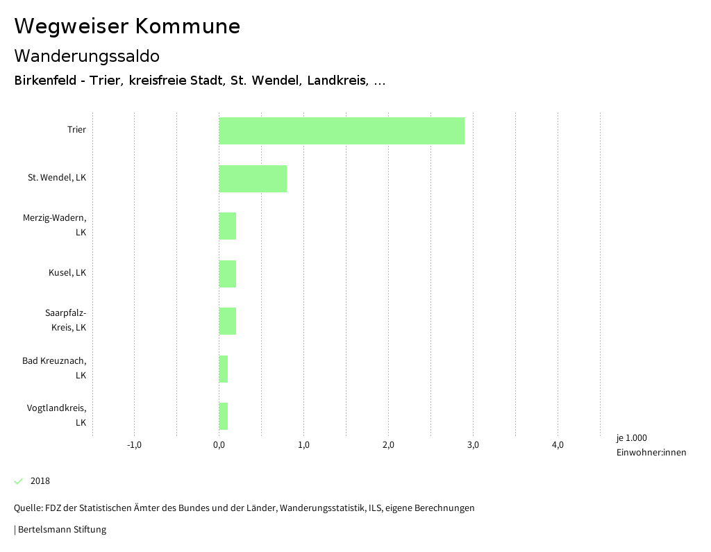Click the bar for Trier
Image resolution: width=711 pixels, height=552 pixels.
(x=342, y=131)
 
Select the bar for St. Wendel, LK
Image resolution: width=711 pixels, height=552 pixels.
(x=253, y=178)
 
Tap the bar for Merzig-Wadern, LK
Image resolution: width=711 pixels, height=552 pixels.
(x=228, y=226)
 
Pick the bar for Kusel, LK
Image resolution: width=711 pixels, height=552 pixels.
(x=228, y=274)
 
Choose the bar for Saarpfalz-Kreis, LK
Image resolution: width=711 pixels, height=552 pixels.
(x=228, y=321)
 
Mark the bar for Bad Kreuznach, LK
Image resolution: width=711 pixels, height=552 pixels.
(x=224, y=369)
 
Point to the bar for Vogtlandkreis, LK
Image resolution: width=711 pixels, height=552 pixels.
(x=224, y=416)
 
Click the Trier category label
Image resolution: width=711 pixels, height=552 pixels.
(x=76, y=130)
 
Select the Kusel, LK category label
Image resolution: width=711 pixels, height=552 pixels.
(x=67, y=273)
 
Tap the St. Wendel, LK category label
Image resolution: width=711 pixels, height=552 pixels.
(x=57, y=178)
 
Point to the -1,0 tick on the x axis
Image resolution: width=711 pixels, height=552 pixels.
(x=135, y=445)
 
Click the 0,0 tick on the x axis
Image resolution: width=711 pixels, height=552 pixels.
(x=219, y=445)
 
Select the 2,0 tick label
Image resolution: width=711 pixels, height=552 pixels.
(x=388, y=445)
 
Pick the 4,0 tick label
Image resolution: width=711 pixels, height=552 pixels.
(x=558, y=445)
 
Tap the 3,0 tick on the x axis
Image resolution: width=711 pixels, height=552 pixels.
(x=473, y=445)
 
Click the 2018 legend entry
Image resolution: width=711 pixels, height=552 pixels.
(x=40, y=481)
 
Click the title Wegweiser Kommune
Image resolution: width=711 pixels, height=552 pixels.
(x=127, y=26)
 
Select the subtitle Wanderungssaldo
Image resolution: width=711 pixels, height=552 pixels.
(x=87, y=56)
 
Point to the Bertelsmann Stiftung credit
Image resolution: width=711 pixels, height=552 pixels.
(x=61, y=530)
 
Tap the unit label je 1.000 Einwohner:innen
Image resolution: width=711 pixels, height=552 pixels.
(x=651, y=445)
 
